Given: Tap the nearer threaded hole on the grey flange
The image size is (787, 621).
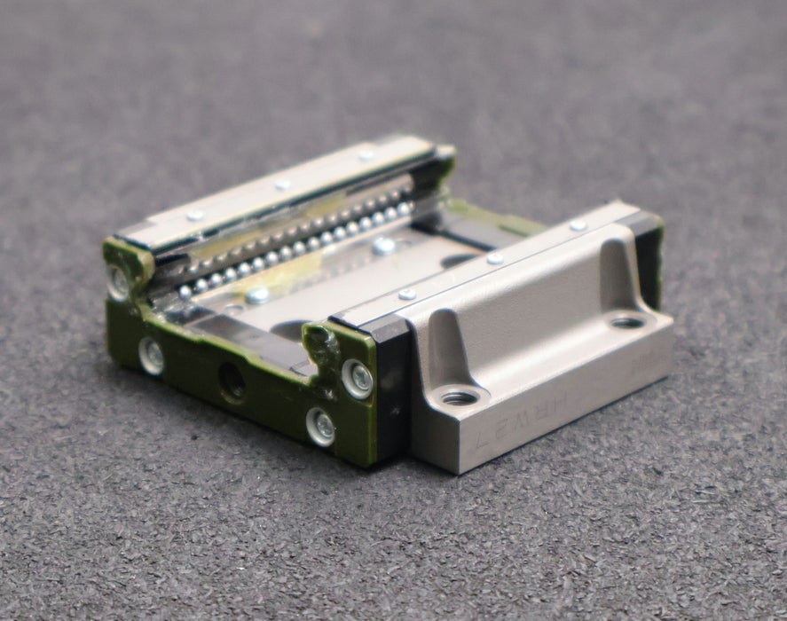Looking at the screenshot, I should pos(460,397).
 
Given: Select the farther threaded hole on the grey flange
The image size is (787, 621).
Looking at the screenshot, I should pos(627,321).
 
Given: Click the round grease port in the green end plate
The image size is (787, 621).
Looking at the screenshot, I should pos(233,381).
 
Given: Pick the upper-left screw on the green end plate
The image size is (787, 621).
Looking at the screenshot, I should pos(118,281).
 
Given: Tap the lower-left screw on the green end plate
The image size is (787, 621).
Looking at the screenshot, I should pos(152,356).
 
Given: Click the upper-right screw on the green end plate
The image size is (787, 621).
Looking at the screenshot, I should pos(358,379).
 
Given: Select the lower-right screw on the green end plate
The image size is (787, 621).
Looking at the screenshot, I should pos(320,427).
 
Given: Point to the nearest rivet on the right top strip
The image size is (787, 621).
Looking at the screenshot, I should pos(407,294).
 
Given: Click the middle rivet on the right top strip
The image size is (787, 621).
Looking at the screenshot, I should pos(495,258).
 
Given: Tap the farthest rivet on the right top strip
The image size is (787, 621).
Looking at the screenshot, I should pos(578,225).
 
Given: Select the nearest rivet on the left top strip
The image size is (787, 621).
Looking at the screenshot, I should pos(194,215).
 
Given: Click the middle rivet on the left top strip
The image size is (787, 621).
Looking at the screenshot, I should pos(282,185).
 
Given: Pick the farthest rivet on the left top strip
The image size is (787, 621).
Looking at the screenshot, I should pos(366,154).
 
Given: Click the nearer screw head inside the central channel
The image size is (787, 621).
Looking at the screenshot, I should pos(257,295).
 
